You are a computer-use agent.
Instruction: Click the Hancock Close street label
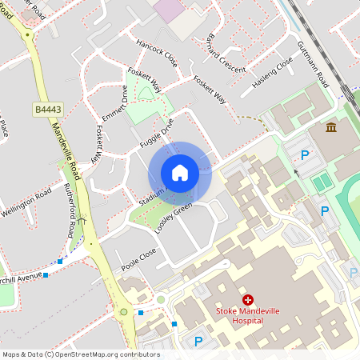click(x=157, y=53)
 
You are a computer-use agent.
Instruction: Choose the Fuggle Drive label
click(x=156, y=132)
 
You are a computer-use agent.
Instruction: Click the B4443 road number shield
click(x=47, y=109)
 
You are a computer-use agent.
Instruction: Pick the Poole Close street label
click(x=138, y=258)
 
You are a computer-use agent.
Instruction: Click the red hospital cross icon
click(x=248, y=298)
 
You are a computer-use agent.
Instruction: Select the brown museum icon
click(x=331, y=127)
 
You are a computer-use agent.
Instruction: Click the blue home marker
click(x=180, y=173)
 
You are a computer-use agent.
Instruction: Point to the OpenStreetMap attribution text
click(x=70, y=354)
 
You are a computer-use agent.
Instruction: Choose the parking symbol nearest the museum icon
click(x=304, y=154)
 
